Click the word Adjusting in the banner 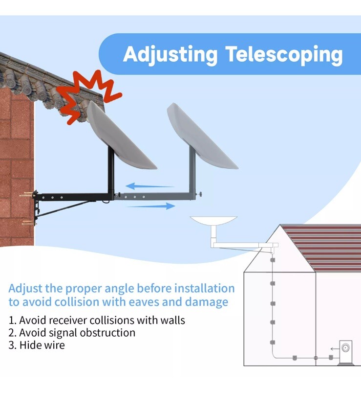pyautogui.click(x=170, y=55)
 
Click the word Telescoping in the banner pyautogui.click(x=284, y=55)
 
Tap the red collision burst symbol pyautogui.click(x=88, y=96)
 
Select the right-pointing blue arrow pyautogui.click(x=151, y=206)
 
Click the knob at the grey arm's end pyautogui.click(x=200, y=194)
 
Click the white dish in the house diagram pyautogui.click(x=213, y=221)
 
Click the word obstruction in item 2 pyautogui.click(x=107, y=333)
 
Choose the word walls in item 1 pyautogui.click(x=172, y=320)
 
